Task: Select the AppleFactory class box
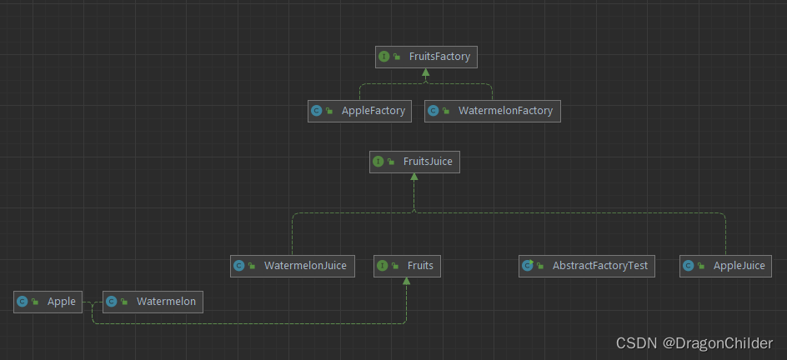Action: (359, 111)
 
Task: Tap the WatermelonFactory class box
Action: (492, 111)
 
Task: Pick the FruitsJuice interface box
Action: (414, 162)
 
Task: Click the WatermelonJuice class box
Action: (292, 266)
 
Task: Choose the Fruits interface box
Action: (406, 266)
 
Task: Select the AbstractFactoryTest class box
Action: (587, 266)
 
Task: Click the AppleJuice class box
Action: (724, 266)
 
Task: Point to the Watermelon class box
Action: (153, 302)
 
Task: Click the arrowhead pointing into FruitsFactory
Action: (425, 73)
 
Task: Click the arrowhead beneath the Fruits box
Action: (406, 282)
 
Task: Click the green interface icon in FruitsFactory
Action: (384, 57)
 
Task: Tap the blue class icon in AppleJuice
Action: (689, 266)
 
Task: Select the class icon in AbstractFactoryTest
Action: (527, 266)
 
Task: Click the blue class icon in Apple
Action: (23, 302)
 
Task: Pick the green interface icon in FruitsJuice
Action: (378, 162)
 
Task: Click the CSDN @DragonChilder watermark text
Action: (694, 342)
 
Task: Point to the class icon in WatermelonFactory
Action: (434, 111)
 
